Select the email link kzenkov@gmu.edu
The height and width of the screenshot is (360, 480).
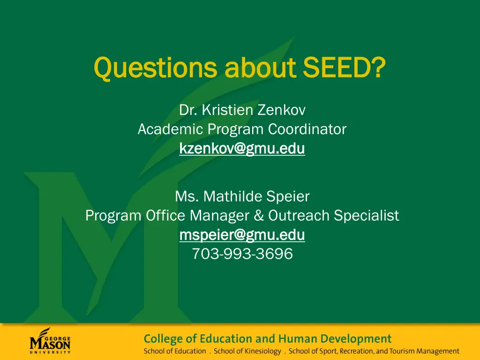click(242, 149)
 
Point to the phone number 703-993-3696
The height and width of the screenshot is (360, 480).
click(242, 254)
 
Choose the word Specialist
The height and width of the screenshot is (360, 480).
click(367, 216)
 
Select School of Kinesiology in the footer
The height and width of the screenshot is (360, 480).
click(247, 351)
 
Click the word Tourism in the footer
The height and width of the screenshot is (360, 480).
click(403, 351)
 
